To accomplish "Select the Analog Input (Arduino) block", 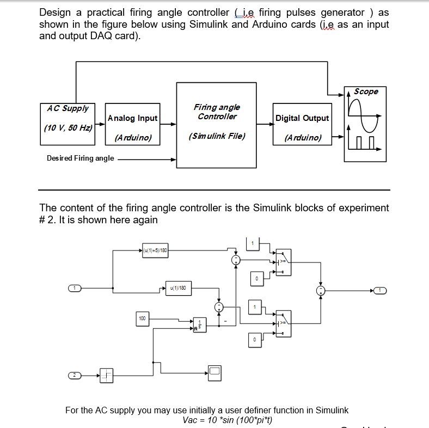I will click(x=132, y=124).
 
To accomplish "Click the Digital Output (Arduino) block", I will click(x=302, y=124).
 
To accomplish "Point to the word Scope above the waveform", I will click(x=366, y=91).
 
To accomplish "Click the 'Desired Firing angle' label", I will click(x=81, y=158).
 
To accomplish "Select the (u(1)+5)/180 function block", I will click(x=155, y=250).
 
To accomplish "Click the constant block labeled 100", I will click(x=143, y=317).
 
